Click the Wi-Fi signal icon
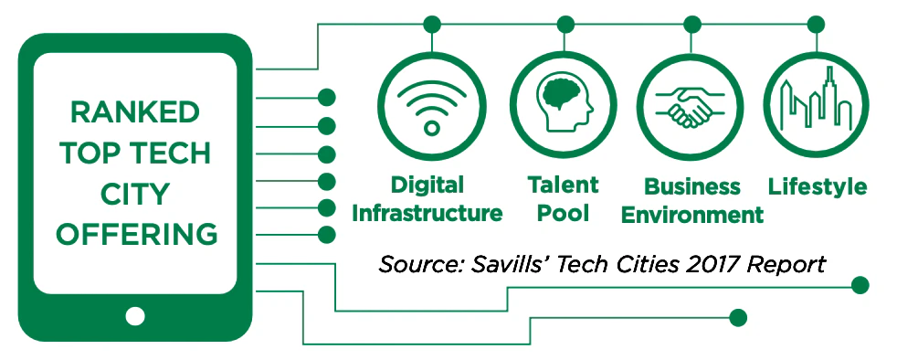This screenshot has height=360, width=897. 432,107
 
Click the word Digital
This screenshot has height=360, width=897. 427,185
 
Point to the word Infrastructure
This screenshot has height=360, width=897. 427,214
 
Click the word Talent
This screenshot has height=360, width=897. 563,185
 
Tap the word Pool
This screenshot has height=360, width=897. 563,214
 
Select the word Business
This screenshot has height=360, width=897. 692,186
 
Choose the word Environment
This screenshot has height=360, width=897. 692,216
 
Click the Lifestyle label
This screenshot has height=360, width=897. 818,187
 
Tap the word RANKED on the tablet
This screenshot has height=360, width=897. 135,112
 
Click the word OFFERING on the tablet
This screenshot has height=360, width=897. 137,235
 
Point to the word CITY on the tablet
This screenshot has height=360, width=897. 135,194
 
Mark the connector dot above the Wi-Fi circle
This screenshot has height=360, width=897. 432,24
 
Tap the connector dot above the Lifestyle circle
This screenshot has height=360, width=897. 816,24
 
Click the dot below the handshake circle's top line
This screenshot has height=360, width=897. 692,24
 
